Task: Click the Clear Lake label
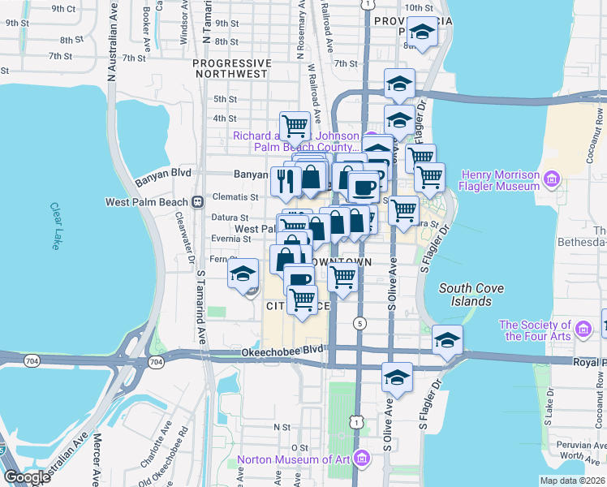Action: click(55, 220)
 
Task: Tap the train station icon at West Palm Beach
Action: click(197, 201)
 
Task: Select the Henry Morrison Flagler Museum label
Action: click(501, 180)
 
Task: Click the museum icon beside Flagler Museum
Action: click(553, 178)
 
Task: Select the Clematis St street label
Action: click(236, 196)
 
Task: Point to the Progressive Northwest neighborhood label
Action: click(231, 68)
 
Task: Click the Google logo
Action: click(28, 476)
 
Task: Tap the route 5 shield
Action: click(358, 323)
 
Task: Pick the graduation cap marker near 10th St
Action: click(421, 33)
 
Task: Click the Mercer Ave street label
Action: click(97, 459)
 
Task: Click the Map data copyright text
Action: click(572, 481)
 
